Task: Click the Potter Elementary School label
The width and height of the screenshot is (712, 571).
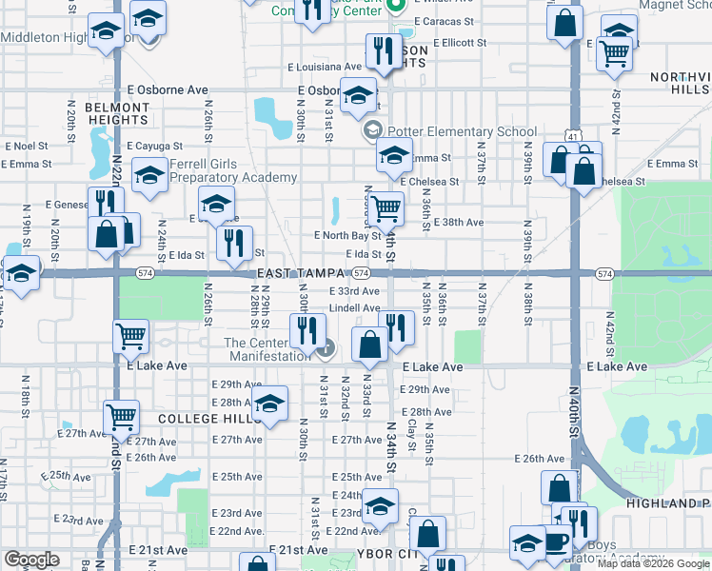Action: (x=462, y=132)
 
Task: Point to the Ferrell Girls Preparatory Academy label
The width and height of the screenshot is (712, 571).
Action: (x=233, y=170)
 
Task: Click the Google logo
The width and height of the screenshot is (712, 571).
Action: (x=31, y=560)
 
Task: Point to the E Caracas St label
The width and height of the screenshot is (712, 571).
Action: (x=466, y=20)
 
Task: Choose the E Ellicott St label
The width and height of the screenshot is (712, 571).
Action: (x=459, y=43)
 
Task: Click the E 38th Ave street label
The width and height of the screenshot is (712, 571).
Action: (x=458, y=222)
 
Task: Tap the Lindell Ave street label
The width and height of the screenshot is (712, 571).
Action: (x=354, y=308)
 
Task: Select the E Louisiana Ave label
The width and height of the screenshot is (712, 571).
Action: (x=326, y=68)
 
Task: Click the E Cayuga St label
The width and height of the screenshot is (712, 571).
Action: (x=152, y=146)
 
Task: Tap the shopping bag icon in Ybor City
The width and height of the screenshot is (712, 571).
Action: (x=429, y=534)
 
